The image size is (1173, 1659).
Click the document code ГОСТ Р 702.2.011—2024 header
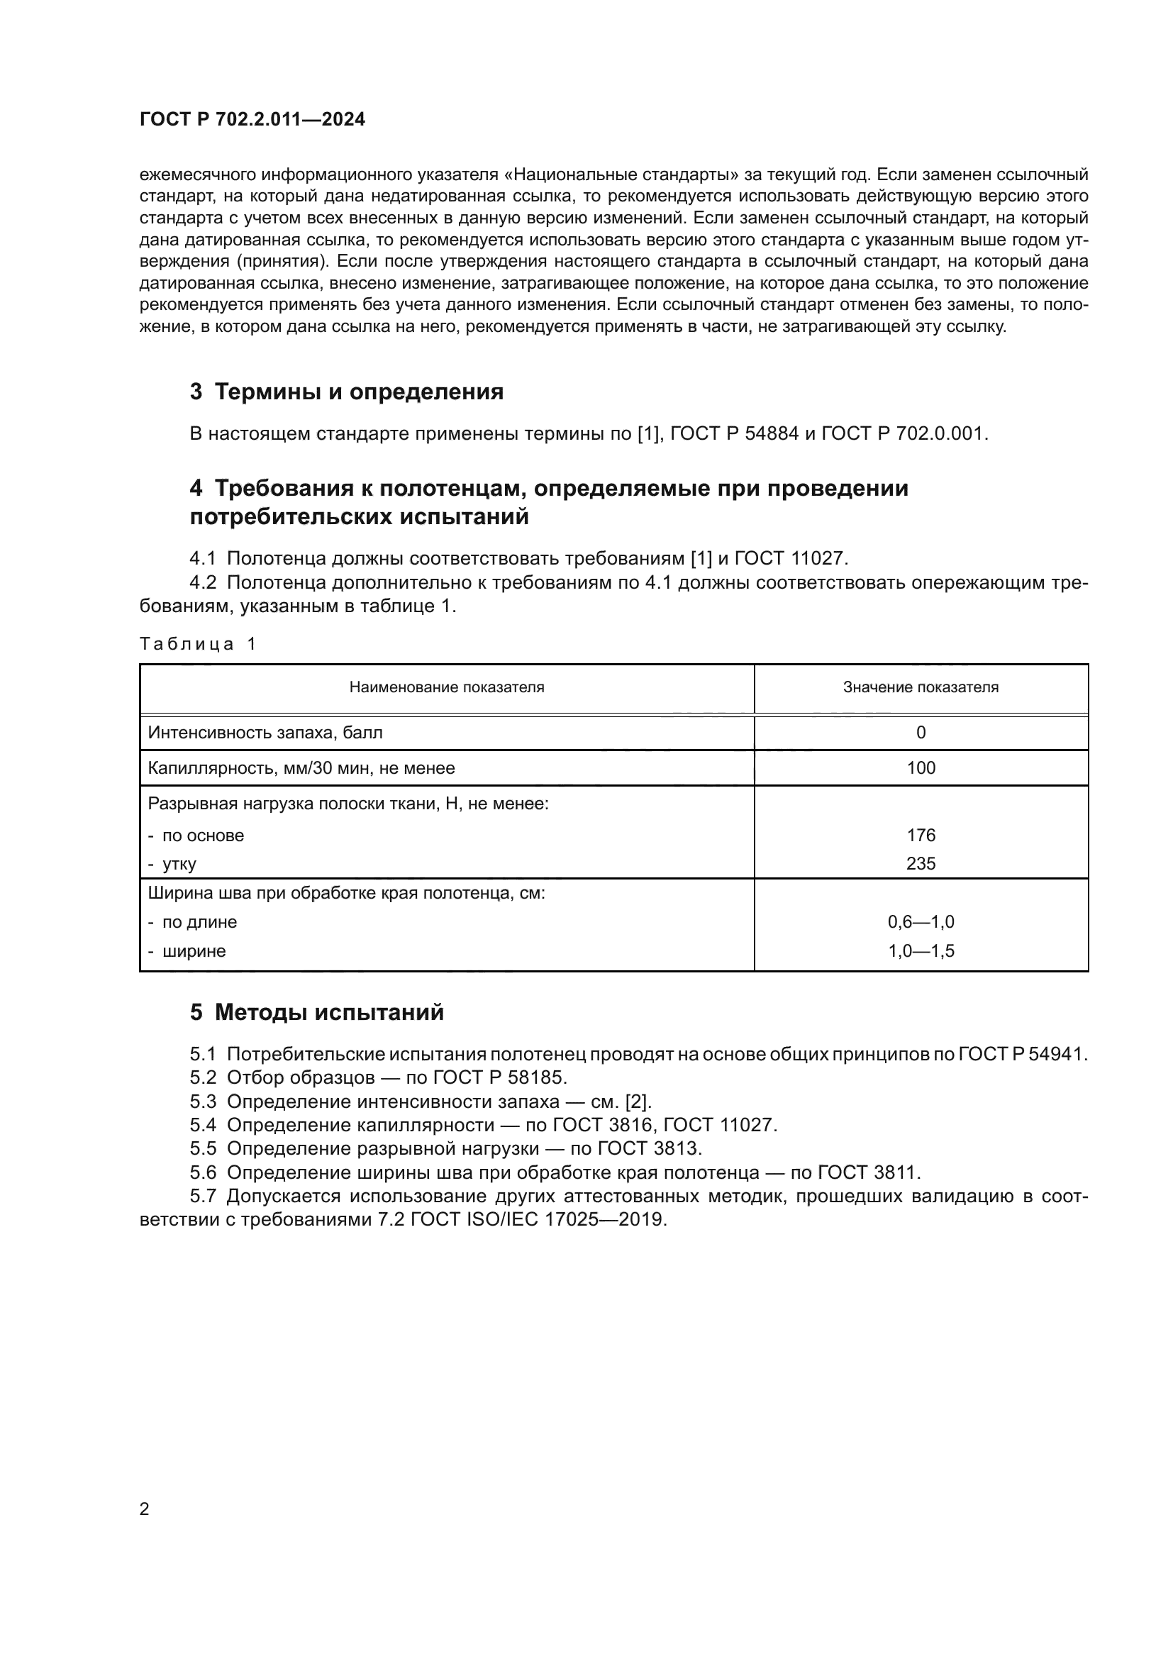tap(252, 119)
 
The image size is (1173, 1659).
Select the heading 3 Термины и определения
tap(347, 392)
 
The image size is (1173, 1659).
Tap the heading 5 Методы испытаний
tap(317, 1012)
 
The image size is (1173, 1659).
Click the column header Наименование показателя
tap(446, 687)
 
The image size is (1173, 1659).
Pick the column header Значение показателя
tap(921, 687)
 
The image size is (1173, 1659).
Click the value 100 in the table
tap(921, 767)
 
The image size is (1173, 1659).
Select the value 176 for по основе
tap(921, 836)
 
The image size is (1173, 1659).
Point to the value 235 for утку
tap(921, 863)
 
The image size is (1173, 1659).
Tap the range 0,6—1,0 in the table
tap(921, 922)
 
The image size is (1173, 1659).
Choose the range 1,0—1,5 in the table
tap(921, 951)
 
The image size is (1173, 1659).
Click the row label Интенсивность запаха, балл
tap(265, 733)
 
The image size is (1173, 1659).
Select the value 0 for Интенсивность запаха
tap(921, 733)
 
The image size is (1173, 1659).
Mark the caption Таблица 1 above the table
tap(197, 644)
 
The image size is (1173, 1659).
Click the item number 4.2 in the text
tap(203, 582)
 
